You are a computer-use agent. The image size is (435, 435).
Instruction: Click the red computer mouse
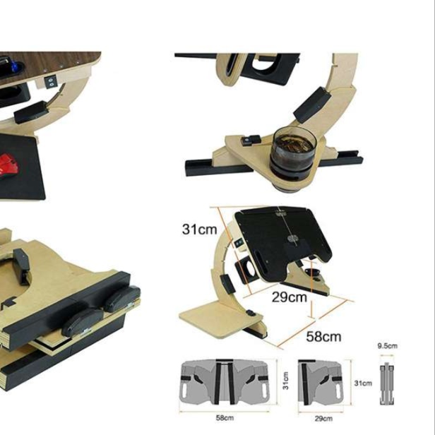(8, 167)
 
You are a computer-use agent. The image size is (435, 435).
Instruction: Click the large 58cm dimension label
(323, 337)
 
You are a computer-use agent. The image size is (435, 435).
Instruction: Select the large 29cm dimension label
(290, 297)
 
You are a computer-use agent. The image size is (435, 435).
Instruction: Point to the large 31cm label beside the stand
(199, 229)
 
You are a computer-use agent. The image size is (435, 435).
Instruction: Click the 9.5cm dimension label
(387, 346)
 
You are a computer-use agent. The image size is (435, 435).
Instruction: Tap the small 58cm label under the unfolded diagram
(225, 417)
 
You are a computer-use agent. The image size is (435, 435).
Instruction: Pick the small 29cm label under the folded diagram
(323, 418)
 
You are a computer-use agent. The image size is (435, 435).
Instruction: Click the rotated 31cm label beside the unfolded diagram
(285, 381)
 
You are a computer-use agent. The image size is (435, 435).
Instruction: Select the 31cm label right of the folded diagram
(363, 383)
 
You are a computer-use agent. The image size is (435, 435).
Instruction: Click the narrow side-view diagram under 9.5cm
(387, 384)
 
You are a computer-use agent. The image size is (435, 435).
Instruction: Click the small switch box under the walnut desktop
(51, 81)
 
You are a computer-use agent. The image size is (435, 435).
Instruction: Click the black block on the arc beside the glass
(312, 105)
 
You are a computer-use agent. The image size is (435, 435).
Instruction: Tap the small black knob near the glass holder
(251, 140)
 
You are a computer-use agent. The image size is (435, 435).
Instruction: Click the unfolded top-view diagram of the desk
(225, 382)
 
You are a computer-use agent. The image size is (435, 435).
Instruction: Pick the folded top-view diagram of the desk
(321, 382)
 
